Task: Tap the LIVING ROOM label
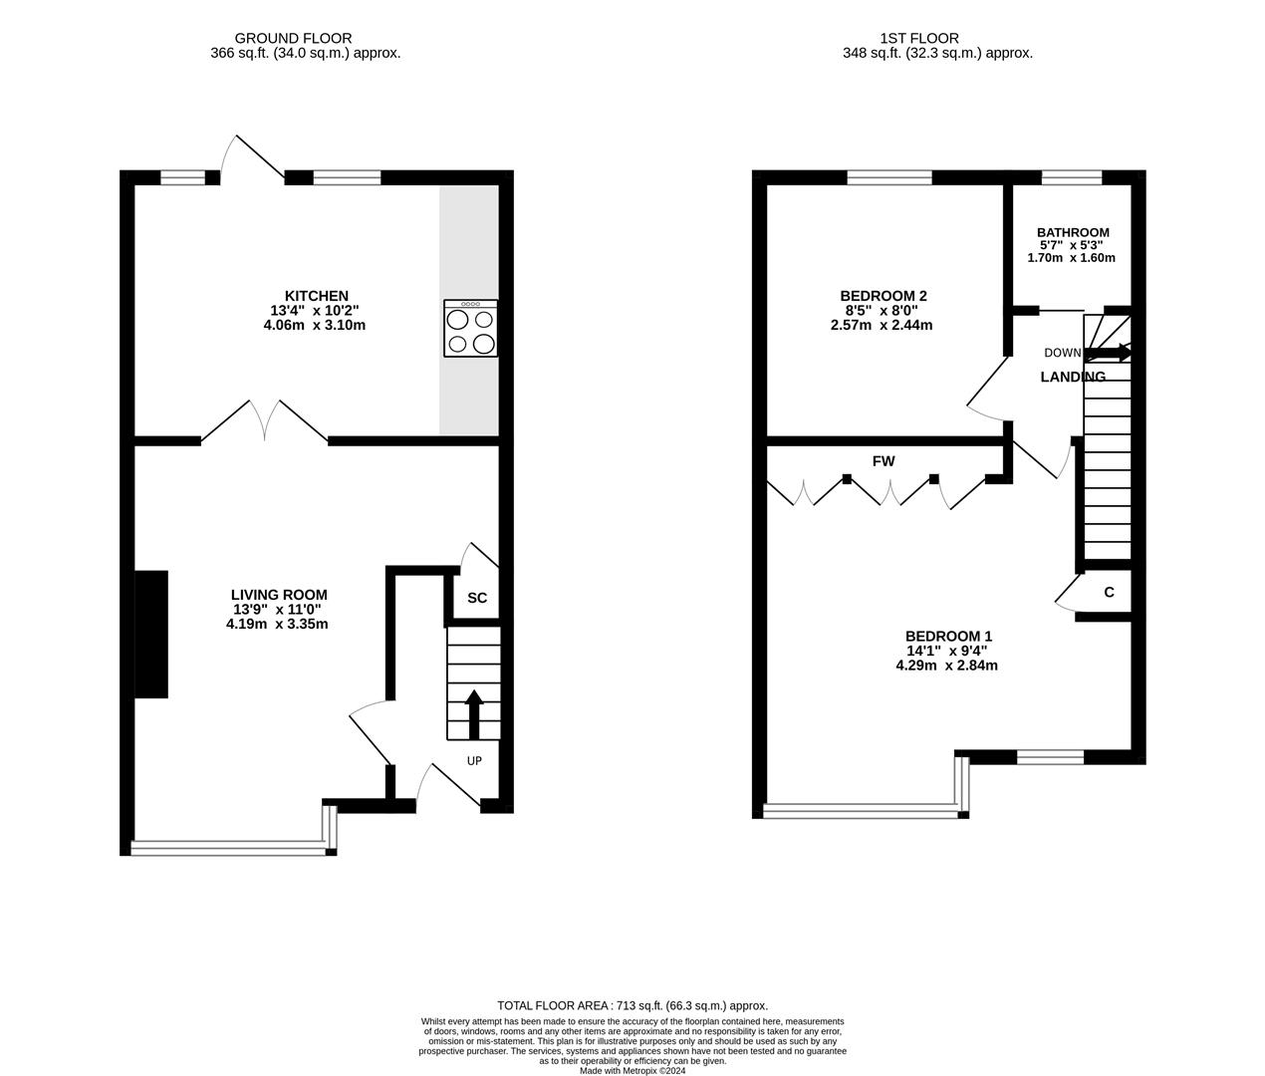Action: pyautogui.click(x=279, y=595)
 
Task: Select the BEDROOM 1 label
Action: pyautogui.click(x=949, y=636)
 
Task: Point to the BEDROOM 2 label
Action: pyautogui.click(x=884, y=296)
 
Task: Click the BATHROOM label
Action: pyautogui.click(x=1073, y=232)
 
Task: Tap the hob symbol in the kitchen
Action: pyautogui.click(x=470, y=328)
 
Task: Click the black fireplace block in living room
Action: pyautogui.click(x=151, y=634)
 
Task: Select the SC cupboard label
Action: pyautogui.click(x=477, y=598)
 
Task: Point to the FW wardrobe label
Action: pyautogui.click(x=884, y=461)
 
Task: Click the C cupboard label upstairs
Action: pyautogui.click(x=1109, y=592)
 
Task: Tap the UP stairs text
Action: pyautogui.click(x=474, y=761)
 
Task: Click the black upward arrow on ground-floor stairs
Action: pyautogui.click(x=474, y=714)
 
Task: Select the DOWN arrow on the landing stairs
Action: pyautogui.click(x=1107, y=353)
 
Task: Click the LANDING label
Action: pyautogui.click(x=1073, y=377)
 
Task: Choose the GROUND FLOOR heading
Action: pyautogui.click(x=293, y=39)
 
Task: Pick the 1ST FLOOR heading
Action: pyautogui.click(x=919, y=39)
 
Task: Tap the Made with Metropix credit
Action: pyautogui.click(x=632, y=1071)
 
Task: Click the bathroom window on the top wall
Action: pyautogui.click(x=1072, y=177)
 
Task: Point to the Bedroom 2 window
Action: pyautogui.click(x=889, y=177)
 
